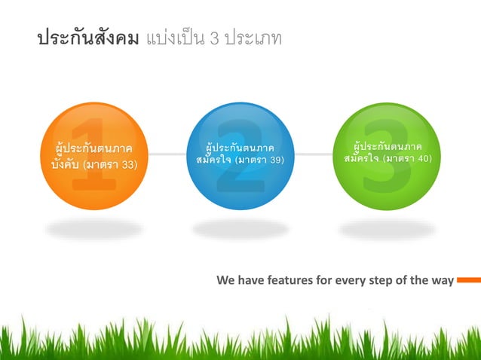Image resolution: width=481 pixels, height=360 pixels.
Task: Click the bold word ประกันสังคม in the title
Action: click(x=87, y=38)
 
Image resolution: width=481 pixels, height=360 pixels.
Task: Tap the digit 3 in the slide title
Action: click(x=215, y=38)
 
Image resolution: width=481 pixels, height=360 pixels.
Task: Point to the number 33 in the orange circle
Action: click(x=128, y=164)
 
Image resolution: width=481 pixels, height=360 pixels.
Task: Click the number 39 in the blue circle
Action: click(x=275, y=160)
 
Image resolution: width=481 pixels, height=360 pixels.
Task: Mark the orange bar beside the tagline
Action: click(x=468, y=280)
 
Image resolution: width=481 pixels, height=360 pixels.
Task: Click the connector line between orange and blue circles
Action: click(x=167, y=154)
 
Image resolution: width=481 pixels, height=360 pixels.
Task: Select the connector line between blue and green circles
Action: click(x=314, y=154)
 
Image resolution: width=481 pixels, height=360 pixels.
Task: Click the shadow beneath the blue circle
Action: click(x=240, y=227)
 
